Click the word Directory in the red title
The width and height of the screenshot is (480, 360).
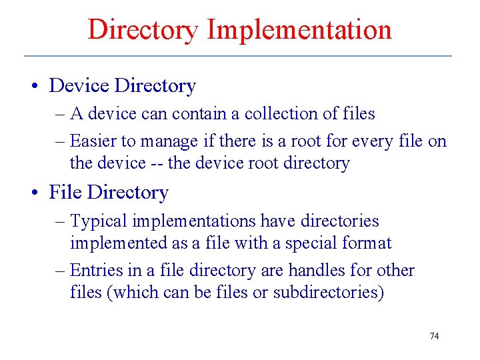(143, 30)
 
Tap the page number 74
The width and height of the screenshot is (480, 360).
(434, 336)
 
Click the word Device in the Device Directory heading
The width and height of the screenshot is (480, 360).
(79, 86)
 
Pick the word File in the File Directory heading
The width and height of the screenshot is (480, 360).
(65, 193)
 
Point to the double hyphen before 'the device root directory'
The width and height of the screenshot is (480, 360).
(157, 163)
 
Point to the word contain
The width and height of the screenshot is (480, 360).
(199, 114)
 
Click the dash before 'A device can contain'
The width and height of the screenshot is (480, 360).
(60, 115)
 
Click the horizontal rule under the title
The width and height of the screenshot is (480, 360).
(238, 55)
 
